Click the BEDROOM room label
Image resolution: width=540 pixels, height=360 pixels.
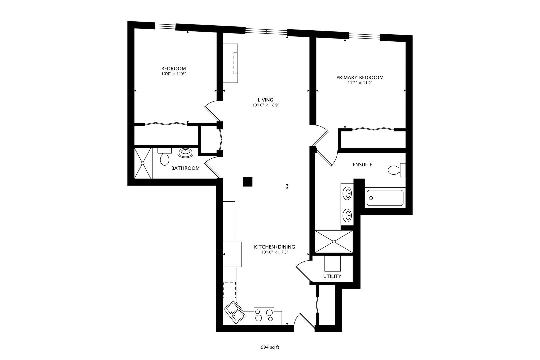pos(173,69)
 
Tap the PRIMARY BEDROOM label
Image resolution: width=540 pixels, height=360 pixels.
pos(360,77)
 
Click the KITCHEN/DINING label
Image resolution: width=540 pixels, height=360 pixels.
pos(274,247)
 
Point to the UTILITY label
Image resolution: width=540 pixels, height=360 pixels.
pos(332,276)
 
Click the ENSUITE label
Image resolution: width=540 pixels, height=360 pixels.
pos(362,165)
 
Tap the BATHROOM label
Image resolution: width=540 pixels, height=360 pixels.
pos(185,168)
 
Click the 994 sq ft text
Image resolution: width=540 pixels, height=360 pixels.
pos(270,347)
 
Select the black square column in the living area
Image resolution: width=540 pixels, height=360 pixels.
pos(248,182)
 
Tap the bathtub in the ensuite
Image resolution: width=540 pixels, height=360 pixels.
pos(385,198)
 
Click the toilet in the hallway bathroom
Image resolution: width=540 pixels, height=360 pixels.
pos(164,158)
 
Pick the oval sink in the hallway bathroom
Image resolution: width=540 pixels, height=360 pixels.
pos(185,153)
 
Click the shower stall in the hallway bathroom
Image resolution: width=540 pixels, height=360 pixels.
pos(143,163)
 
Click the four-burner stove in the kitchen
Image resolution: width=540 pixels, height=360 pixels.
pos(264,316)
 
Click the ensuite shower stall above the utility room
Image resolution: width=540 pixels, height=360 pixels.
pos(333,241)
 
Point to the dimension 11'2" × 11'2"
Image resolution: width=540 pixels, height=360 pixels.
pos(360,83)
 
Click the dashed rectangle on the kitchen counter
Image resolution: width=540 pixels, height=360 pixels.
pos(229,290)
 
